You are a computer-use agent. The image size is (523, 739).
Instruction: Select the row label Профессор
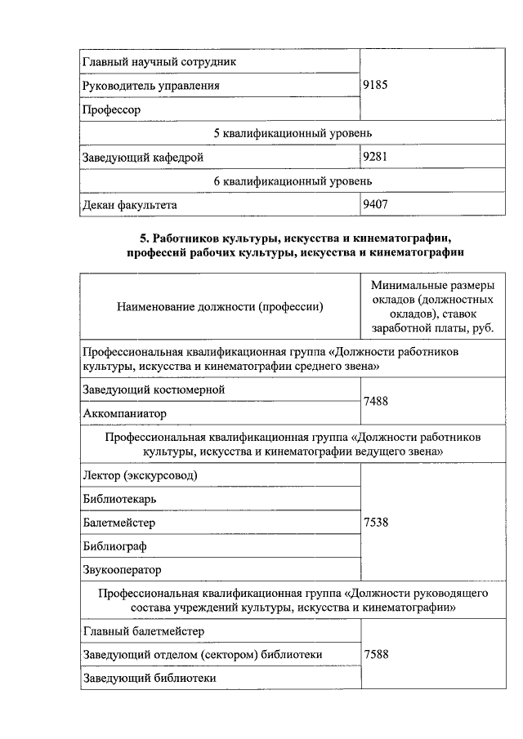click(x=112, y=109)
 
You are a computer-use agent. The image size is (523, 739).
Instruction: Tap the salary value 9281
click(x=375, y=157)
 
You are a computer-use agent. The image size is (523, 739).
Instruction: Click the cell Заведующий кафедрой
click(x=143, y=157)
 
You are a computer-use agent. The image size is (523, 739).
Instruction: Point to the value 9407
click(x=375, y=205)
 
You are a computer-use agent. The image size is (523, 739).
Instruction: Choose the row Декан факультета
click(x=130, y=205)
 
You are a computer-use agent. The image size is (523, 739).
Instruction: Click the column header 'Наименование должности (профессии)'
click(x=220, y=307)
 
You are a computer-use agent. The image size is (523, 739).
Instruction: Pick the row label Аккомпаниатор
click(x=124, y=414)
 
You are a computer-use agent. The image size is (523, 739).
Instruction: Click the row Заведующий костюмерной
click(x=154, y=390)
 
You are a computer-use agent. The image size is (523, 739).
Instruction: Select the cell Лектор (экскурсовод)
click(x=140, y=474)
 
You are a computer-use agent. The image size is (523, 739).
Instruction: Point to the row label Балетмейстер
click(x=119, y=522)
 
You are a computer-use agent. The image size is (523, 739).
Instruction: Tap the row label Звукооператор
click(x=123, y=569)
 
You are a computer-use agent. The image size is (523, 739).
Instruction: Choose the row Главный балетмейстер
click(x=144, y=630)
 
